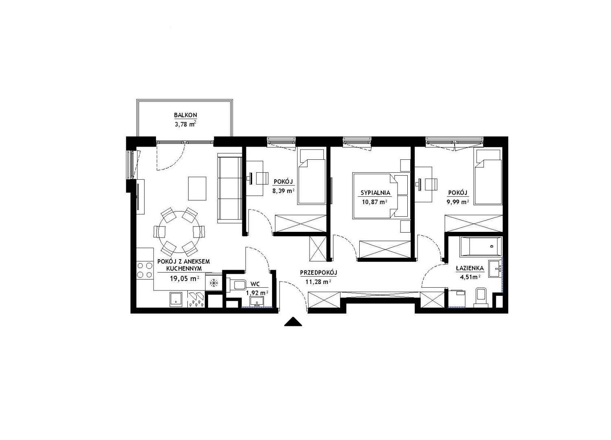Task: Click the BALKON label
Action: (x=185, y=115)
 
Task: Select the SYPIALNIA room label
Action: (x=375, y=193)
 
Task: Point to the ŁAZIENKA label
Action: (x=470, y=268)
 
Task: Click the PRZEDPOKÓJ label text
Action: (x=319, y=273)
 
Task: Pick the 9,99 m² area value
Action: (x=458, y=202)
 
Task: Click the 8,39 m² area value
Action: (x=284, y=191)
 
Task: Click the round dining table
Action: (x=179, y=232)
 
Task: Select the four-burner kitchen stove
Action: (x=145, y=270)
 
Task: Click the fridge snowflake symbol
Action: (x=214, y=283)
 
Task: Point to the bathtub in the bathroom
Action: (x=481, y=246)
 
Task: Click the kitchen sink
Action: (x=176, y=300)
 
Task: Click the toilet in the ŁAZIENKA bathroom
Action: (x=480, y=297)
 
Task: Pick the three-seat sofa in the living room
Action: (x=230, y=188)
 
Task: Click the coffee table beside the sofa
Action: (x=197, y=189)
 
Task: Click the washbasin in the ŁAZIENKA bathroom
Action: (x=495, y=269)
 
